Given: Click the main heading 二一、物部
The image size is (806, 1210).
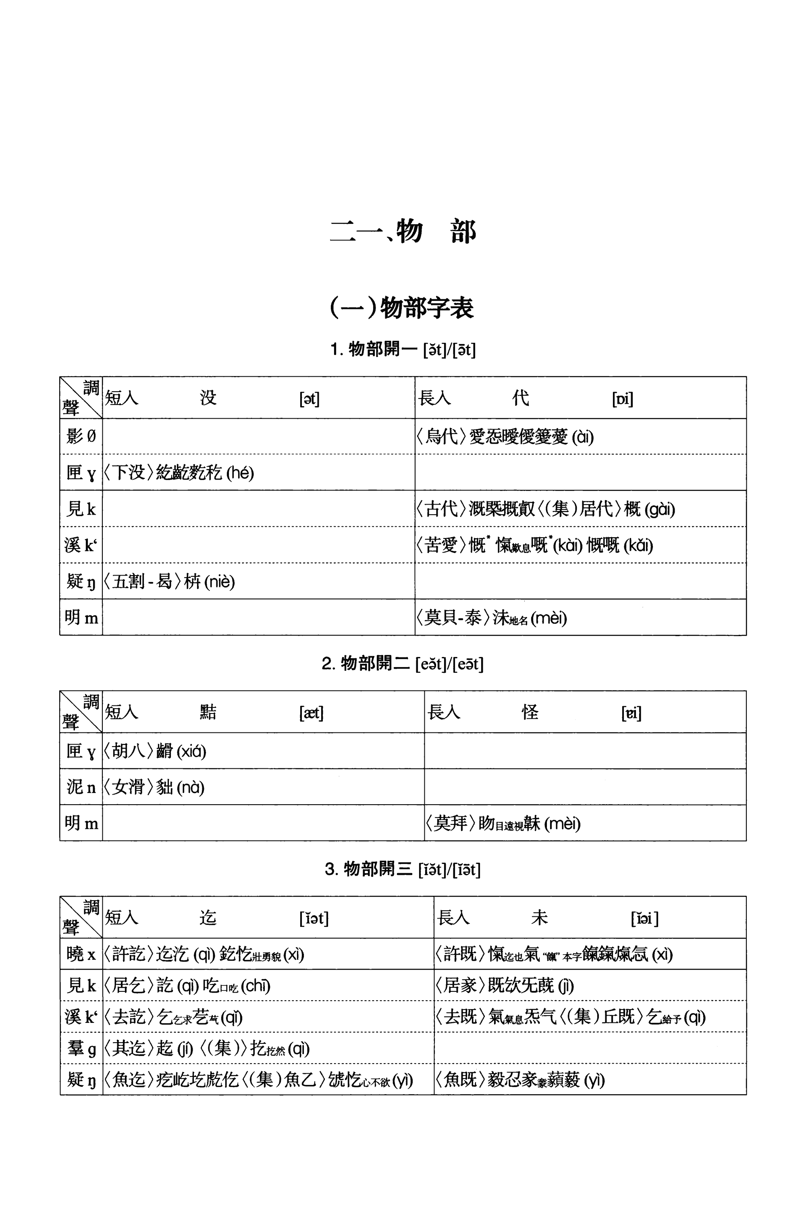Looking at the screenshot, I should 403,232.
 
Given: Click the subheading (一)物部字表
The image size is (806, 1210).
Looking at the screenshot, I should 401,308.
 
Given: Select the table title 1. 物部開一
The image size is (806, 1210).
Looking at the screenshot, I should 403,350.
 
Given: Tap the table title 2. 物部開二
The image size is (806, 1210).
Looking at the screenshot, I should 403,663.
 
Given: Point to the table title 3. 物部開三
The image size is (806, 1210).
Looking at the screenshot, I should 403,870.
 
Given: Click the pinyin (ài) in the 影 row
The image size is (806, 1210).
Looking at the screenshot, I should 582,437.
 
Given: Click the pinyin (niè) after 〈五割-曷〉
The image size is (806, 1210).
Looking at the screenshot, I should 220,582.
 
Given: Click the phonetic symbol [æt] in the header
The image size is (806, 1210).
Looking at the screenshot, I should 311,713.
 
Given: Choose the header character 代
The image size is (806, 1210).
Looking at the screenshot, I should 520,398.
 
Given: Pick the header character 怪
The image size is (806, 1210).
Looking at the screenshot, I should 530,713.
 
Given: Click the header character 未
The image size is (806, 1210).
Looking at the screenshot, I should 539,918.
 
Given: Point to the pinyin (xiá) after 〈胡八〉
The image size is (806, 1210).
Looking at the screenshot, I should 191,752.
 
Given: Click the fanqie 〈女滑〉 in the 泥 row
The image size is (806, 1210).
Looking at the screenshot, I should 129,787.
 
